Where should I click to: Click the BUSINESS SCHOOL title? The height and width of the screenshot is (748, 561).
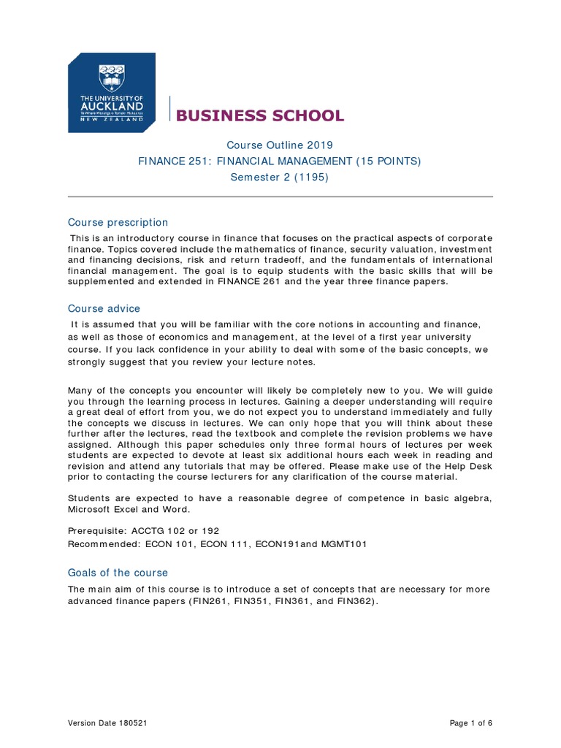click(x=259, y=115)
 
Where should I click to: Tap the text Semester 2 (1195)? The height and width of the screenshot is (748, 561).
click(x=280, y=178)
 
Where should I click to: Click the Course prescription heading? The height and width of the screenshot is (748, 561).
click(x=118, y=222)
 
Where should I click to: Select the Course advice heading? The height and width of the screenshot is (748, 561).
click(x=104, y=308)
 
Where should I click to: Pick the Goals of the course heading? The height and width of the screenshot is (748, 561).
click(x=118, y=573)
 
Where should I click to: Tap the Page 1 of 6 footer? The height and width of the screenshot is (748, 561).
click(x=471, y=723)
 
